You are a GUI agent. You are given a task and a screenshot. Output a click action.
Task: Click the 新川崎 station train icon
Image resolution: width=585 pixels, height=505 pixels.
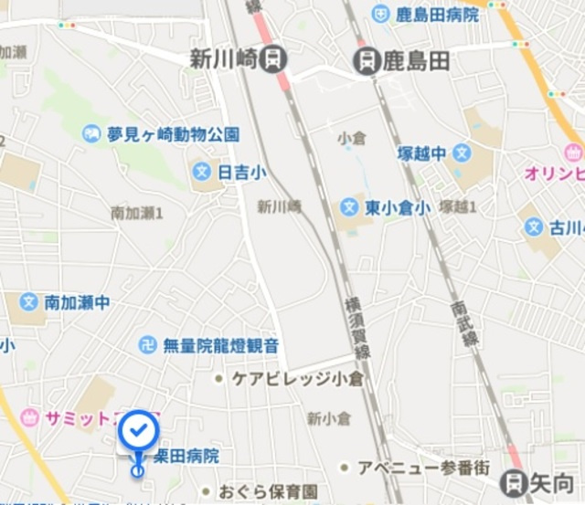[272, 60]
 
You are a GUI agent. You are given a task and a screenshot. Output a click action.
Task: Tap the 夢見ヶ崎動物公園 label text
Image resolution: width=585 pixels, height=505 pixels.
[173, 134]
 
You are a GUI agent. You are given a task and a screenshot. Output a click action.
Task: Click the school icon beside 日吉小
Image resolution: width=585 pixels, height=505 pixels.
[203, 171]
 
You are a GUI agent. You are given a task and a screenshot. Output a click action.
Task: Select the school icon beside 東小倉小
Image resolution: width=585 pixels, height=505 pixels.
[348, 208]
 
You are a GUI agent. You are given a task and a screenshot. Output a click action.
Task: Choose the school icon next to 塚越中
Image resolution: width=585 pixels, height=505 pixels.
[463, 153]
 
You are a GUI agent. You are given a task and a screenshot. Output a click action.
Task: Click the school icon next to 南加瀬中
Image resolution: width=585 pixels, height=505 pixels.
[28, 301]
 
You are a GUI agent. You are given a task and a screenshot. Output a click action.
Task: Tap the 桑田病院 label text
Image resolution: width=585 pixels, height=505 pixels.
[186, 455]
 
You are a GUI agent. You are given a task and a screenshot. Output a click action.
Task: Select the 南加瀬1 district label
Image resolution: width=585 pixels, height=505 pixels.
[136, 213]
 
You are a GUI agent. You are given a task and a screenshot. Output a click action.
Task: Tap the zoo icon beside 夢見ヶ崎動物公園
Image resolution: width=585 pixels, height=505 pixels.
[91, 134]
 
